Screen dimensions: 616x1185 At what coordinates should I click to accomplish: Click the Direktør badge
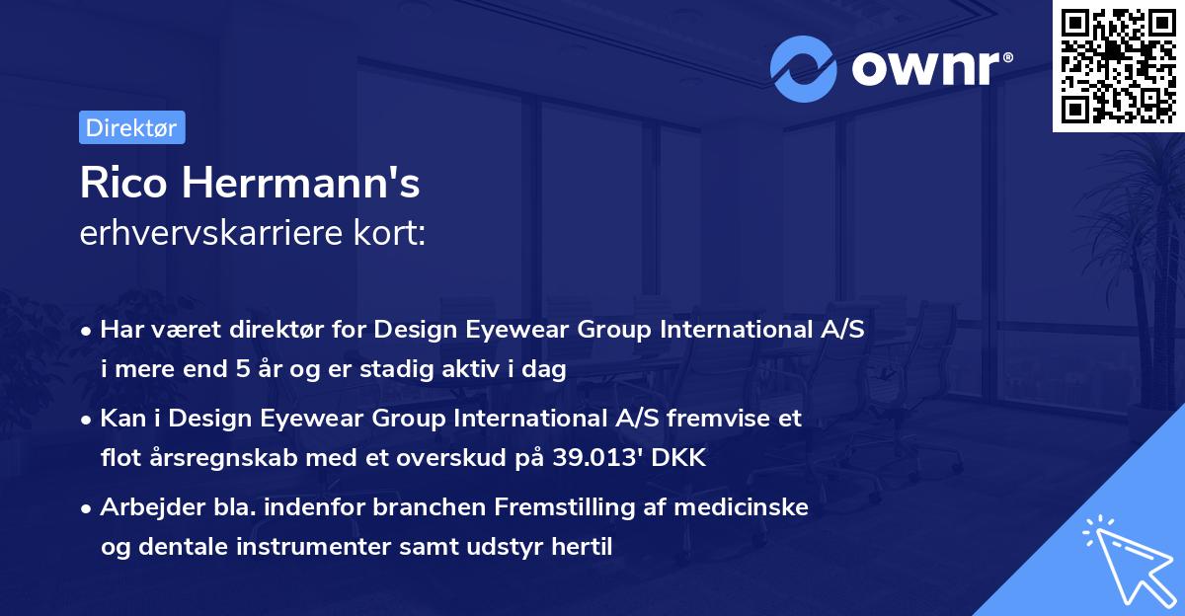click(130, 127)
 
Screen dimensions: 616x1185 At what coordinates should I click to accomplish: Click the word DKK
click(680, 458)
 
